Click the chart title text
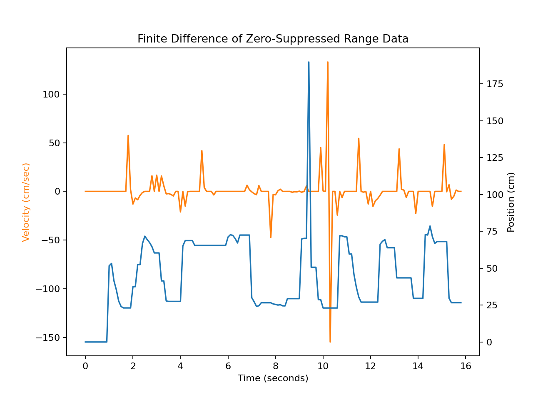pyautogui.click(x=273, y=39)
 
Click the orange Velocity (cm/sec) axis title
pyautogui.click(x=26, y=202)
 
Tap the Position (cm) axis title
pyautogui.click(x=511, y=202)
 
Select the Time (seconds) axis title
pyautogui.click(x=273, y=378)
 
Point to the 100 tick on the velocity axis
pyautogui.click(x=51, y=95)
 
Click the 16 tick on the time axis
pyautogui.click(x=466, y=366)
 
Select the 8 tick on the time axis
pyautogui.click(x=275, y=366)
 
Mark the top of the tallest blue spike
pyautogui.click(x=309, y=62)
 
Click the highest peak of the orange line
pyautogui.click(x=328, y=62)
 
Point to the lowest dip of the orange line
pyautogui.click(x=330, y=342)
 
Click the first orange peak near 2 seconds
pyautogui.click(x=128, y=135)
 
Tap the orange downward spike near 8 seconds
pyautogui.click(x=271, y=237)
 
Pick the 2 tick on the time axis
pyautogui.click(x=133, y=366)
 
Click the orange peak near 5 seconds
pyautogui.click(x=202, y=151)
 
